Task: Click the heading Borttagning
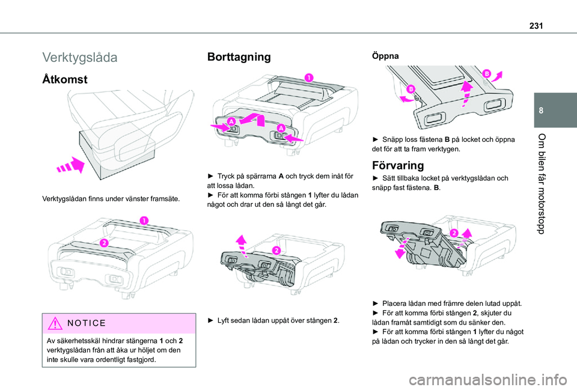[238, 58]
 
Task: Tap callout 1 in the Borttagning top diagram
[307, 78]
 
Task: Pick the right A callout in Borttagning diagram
[279, 127]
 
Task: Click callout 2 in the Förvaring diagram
[453, 233]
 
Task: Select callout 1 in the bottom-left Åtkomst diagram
[143, 222]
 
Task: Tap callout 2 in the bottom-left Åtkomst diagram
[103, 243]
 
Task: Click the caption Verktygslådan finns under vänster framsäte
[118, 198]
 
